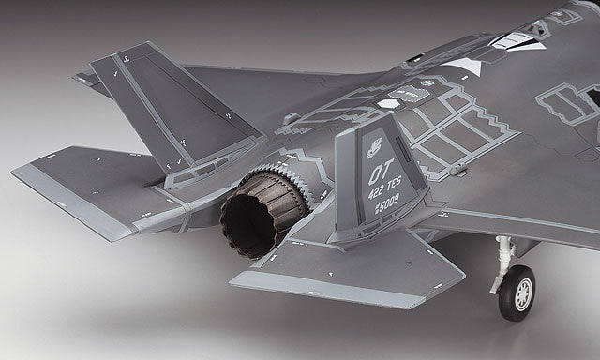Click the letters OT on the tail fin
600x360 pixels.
pos(381,174)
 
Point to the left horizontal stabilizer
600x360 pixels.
pos(94,187)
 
